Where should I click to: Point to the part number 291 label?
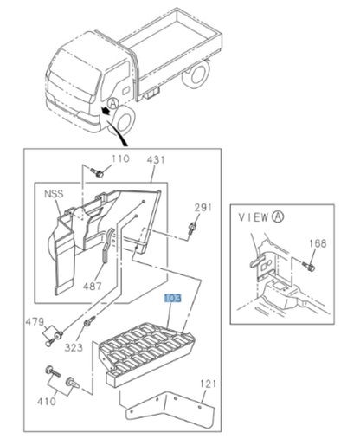pyautogui.click(x=202, y=207)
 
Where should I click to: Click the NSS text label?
pyautogui.click(x=54, y=195)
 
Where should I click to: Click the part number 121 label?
pyautogui.click(x=208, y=382)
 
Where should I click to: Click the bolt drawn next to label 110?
pyautogui.click(x=98, y=174)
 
